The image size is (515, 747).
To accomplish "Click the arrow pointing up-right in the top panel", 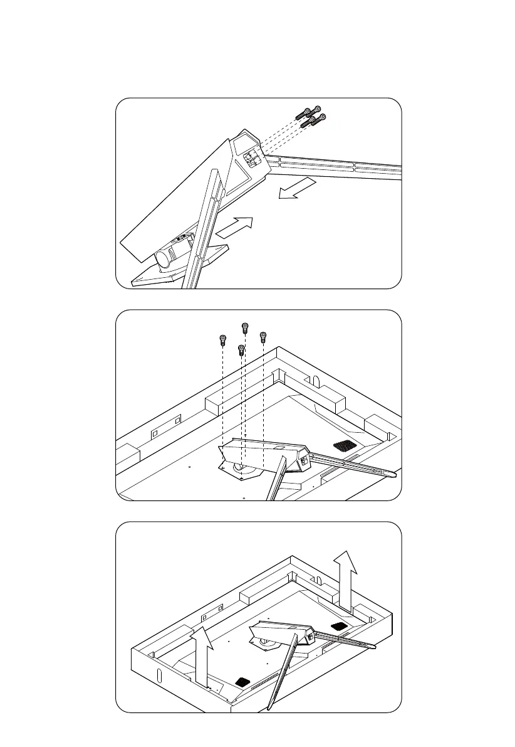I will coord(236,226).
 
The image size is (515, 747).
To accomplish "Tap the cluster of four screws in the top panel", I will coord(311,117).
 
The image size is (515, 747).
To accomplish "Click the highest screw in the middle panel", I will coord(244,327).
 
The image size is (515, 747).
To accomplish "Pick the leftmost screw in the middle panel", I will coord(222,341).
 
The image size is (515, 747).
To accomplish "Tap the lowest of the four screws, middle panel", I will coord(241,350).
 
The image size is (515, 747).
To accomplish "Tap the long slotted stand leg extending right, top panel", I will coord(338,166).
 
